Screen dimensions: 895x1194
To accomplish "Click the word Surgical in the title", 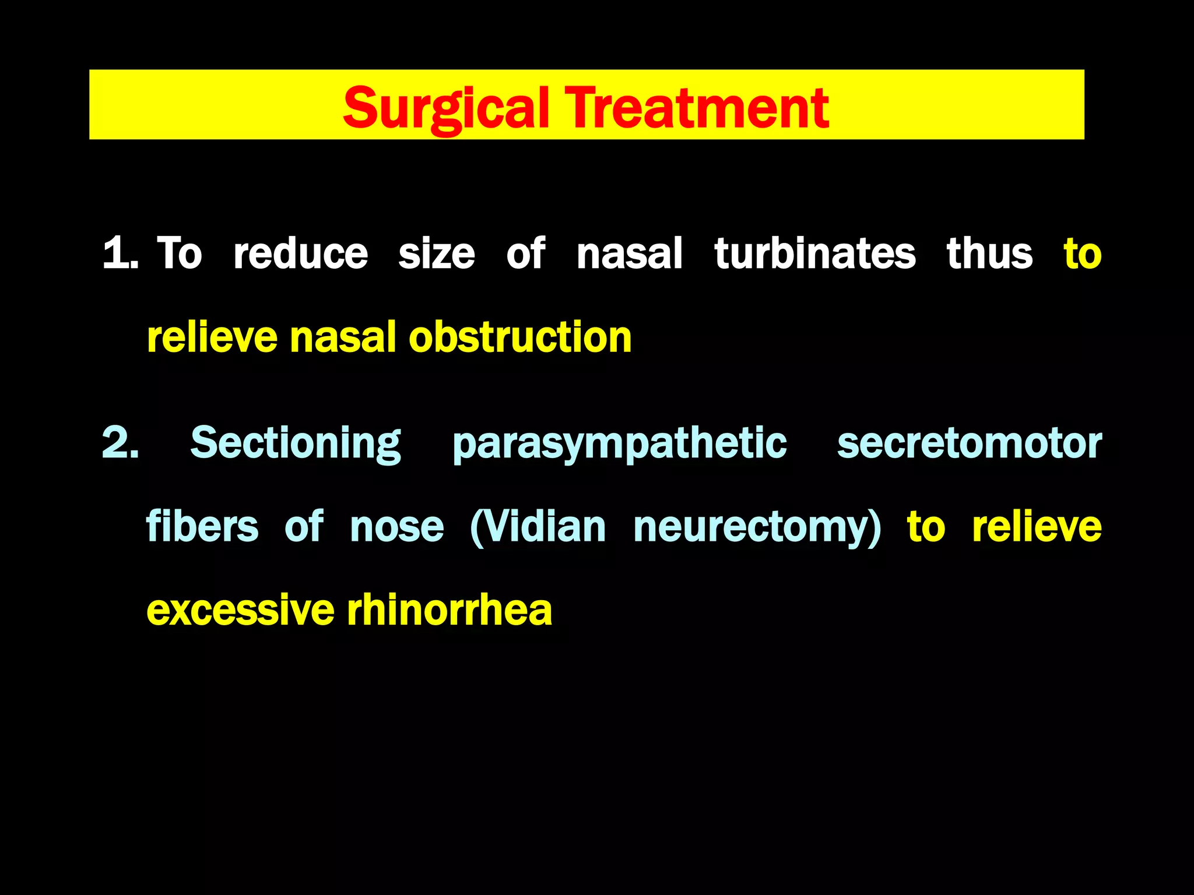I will coord(445,108).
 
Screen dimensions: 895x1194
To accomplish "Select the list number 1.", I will coord(120,253).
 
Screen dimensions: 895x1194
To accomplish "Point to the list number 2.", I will coord(120,443).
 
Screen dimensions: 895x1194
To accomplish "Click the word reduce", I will coord(300,253).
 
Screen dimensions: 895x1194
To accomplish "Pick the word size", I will coord(436,255).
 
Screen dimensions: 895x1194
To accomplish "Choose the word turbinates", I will coord(814,253).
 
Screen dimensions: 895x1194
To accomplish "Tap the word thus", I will coord(989,253).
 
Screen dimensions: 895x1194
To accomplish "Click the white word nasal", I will coord(629,253).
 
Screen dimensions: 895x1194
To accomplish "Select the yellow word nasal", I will coord(342,337).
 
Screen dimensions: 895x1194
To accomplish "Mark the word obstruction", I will coord(520,337).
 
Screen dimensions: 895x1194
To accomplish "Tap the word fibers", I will coord(202,527).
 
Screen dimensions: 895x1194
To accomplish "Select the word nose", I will coord(396,528).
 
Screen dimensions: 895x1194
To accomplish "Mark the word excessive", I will coord(240,611).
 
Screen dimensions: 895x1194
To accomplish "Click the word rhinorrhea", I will coord(449,611).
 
